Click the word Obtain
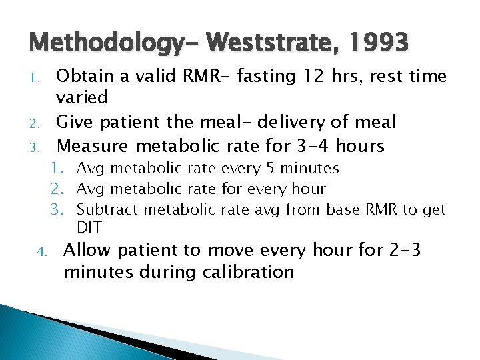pos(83,76)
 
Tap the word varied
pos(82,97)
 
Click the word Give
pos(74,122)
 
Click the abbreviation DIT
pos(89,227)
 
